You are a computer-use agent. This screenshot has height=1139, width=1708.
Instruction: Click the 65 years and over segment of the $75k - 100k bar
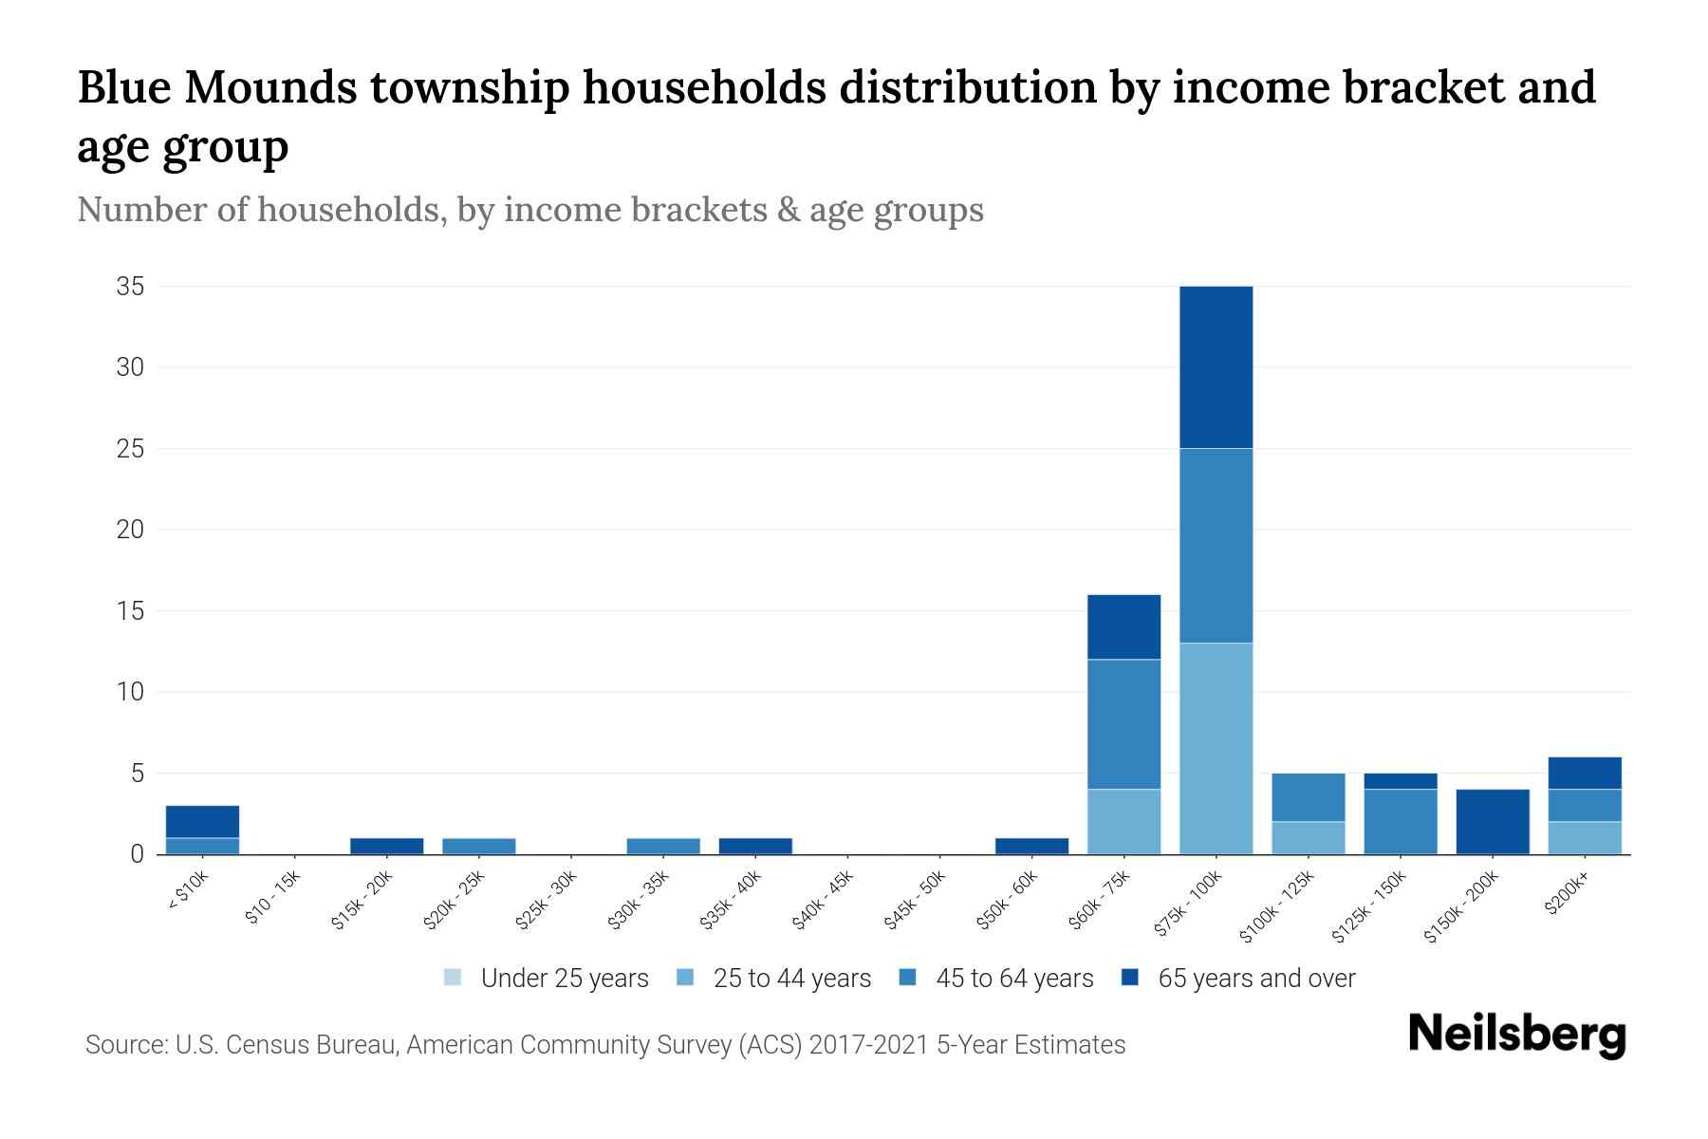(x=1216, y=366)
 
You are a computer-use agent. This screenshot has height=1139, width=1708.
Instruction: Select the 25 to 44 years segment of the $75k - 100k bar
(x=1216, y=748)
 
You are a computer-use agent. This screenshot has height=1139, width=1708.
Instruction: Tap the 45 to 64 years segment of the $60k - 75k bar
(x=1123, y=723)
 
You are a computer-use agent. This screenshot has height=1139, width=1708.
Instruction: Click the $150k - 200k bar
(x=1493, y=821)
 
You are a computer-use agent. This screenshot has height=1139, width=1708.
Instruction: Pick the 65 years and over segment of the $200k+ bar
(x=1585, y=773)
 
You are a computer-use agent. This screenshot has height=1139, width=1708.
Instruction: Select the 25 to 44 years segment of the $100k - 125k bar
(x=1308, y=837)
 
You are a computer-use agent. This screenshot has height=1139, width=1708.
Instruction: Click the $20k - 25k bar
(x=478, y=846)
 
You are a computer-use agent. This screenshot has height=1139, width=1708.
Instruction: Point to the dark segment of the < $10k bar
(x=202, y=821)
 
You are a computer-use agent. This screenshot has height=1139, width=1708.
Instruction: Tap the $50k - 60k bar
(x=1031, y=846)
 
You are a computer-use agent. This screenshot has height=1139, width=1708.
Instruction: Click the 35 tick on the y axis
(x=130, y=286)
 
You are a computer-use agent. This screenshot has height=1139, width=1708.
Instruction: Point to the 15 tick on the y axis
(x=130, y=610)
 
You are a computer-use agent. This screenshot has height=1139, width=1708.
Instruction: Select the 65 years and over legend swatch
(x=1130, y=978)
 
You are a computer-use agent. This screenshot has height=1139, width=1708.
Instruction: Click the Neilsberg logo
(x=1516, y=1035)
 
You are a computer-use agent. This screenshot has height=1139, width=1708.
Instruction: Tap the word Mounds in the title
(x=270, y=87)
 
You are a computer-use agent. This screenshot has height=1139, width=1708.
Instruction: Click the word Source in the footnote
(x=123, y=1045)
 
